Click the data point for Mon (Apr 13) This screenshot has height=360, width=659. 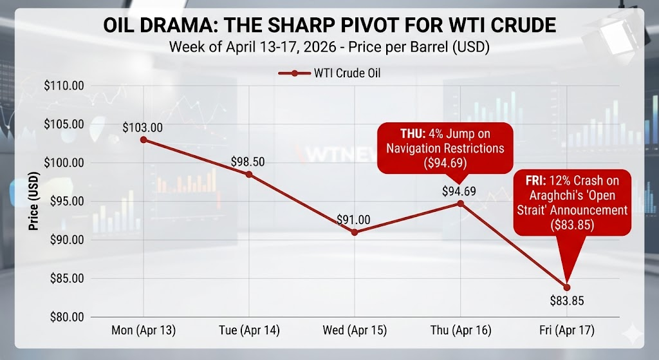[143, 139]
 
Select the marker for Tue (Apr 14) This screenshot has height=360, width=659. [249, 175]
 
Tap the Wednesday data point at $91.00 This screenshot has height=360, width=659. [355, 232]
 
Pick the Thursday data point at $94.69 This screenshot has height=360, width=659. [461, 204]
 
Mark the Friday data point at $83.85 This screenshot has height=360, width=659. [567, 287]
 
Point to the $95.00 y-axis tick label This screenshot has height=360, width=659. [66, 201]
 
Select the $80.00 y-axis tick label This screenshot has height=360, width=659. [66, 317]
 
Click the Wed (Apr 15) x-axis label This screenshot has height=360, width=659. [355, 330]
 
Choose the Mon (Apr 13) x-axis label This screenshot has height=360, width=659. [143, 330]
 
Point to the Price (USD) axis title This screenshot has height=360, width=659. [31, 201]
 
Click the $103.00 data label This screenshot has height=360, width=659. [142, 127]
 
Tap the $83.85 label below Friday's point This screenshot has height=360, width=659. [567, 300]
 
